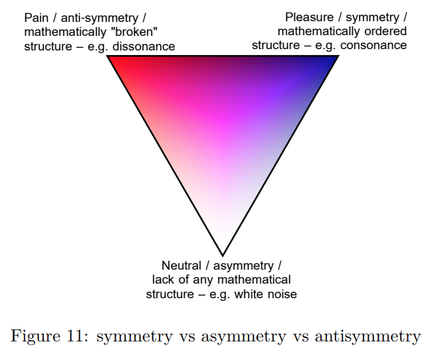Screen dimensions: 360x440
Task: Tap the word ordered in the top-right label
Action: (x=386, y=32)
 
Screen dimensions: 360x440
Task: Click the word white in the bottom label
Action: (x=248, y=294)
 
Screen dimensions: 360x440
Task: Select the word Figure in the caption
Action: (x=33, y=336)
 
